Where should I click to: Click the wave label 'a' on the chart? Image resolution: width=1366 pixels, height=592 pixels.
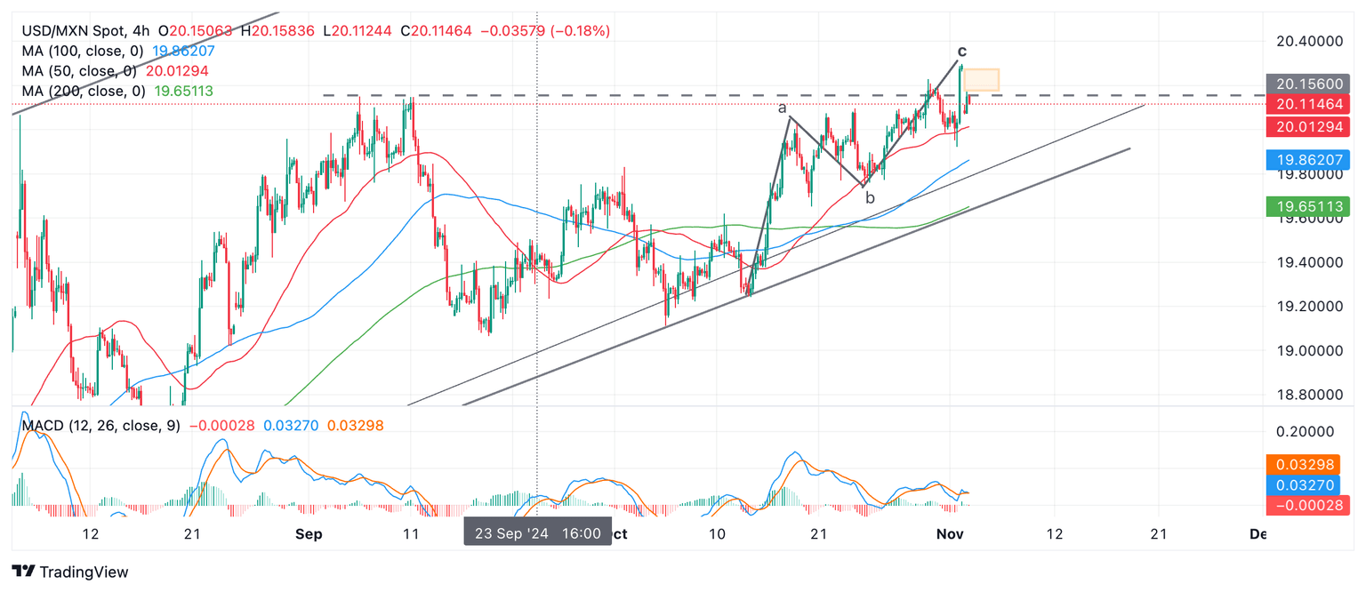coord(783,108)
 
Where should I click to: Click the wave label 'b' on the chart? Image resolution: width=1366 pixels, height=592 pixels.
coord(870,198)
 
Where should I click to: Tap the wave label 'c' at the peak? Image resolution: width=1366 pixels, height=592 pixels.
coord(962,51)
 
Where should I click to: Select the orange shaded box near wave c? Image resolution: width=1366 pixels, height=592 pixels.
coord(982,79)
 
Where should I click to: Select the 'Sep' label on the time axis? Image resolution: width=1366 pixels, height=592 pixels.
coord(308,534)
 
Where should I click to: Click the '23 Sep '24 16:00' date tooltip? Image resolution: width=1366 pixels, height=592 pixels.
coord(537,533)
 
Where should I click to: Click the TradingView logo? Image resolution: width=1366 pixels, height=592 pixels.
coord(70,572)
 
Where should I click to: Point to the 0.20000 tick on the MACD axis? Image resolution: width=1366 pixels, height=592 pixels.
coord(1306,432)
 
